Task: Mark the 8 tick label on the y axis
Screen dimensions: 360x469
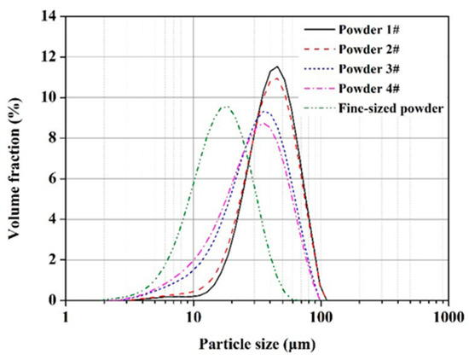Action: pos(54,138)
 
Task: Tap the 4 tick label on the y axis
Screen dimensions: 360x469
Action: pos(54,219)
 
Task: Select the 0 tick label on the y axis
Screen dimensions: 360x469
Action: pos(54,300)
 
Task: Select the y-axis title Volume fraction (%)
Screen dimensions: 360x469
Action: pos(15,158)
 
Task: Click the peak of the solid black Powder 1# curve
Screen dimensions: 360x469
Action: pos(276,67)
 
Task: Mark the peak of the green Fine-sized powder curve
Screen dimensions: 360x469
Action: pos(225,107)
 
